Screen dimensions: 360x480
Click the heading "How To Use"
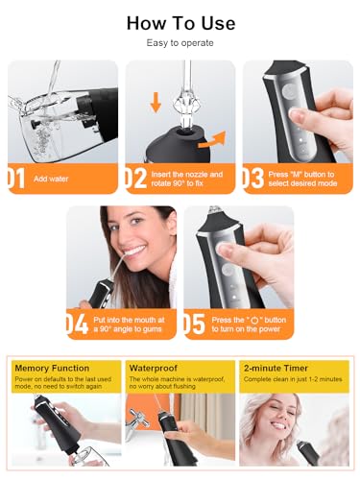pos(180,23)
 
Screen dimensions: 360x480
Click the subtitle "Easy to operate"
pos(180,43)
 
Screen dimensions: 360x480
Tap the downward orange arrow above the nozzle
pos(156,102)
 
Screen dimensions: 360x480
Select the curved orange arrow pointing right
pos(212,141)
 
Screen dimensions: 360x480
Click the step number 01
pos(16,179)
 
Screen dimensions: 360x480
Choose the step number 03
pos(253,179)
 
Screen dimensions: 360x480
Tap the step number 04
pos(77,324)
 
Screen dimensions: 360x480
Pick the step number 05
pos(194,324)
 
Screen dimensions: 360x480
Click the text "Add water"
pos(51,179)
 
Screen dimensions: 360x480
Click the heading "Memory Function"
pos(52,368)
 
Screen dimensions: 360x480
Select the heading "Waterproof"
pos(154,368)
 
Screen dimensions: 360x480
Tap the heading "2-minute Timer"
pos(276,368)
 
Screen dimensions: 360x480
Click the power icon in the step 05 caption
pos(254,320)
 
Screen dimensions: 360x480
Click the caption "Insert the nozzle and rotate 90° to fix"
pos(187,179)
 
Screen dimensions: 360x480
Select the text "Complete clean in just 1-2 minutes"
pos(293,379)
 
